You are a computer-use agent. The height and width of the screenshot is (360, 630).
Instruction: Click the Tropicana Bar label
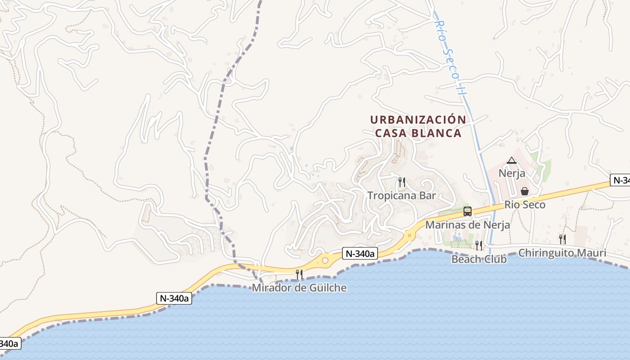pos(401,196)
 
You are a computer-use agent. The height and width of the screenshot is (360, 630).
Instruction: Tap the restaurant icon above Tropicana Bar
pos(402,182)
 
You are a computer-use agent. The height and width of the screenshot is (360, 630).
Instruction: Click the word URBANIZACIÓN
pos(418,120)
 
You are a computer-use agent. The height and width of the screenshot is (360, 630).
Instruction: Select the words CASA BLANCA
pos(418,133)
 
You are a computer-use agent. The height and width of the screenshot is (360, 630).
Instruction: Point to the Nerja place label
pos(512,173)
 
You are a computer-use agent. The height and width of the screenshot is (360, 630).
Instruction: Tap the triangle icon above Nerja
pos(511,160)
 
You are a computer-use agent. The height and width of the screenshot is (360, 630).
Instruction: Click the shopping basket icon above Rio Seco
pos(525,191)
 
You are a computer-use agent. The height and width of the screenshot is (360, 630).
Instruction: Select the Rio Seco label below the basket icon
pos(525,205)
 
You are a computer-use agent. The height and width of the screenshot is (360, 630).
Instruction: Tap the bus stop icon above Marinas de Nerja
pos(468,211)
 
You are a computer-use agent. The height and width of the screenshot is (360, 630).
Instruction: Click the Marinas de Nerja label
pos(468,225)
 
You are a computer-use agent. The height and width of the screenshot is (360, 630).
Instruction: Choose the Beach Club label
pos(479,259)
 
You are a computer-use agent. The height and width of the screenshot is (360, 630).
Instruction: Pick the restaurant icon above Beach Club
pos(479,245)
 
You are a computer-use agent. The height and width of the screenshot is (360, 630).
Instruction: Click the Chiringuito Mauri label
pos(562,253)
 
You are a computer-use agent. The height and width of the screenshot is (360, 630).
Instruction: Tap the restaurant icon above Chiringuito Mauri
pos(562,239)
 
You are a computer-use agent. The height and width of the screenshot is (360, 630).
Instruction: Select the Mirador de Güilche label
pos(299,288)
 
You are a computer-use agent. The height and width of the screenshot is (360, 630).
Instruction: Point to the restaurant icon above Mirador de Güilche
pos(299,274)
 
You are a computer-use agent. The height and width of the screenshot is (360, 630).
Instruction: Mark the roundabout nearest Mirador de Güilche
pos(325,260)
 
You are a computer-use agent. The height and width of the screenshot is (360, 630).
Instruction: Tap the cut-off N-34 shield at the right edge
pos(621,180)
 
